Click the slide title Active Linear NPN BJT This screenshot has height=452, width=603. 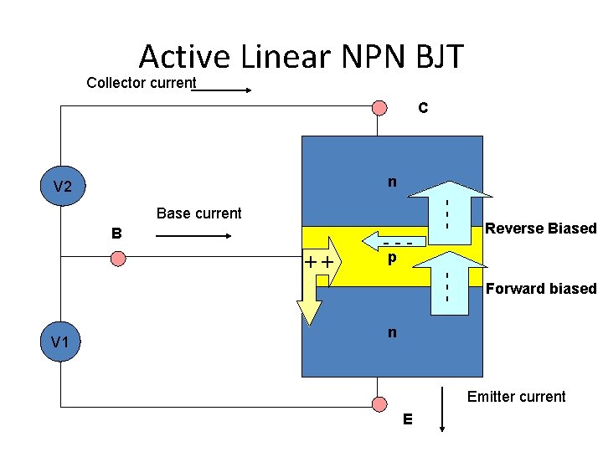[301, 56]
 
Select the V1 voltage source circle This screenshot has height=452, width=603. [59, 342]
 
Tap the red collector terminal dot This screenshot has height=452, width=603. [379, 107]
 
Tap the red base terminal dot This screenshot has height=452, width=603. [118, 259]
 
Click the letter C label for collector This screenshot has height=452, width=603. [423, 108]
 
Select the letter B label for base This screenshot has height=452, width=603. [118, 233]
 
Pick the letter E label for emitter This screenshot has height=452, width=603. [407, 419]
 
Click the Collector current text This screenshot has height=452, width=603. [142, 83]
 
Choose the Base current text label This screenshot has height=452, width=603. [198, 213]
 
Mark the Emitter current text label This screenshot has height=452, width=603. [516, 397]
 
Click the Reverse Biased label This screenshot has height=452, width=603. [541, 229]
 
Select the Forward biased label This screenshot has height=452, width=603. [541, 289]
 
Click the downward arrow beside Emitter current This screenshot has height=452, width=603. [442, 409]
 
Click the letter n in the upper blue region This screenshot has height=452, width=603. [391, 182]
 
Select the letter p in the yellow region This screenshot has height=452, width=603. [391, 260]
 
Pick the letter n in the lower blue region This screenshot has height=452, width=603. [391, 332]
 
